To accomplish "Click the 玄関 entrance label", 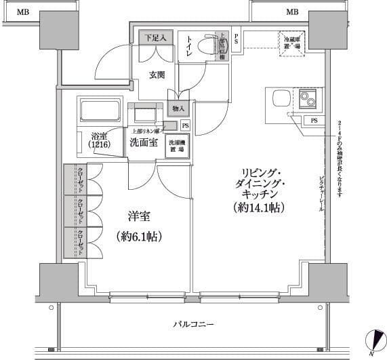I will coord(158,75).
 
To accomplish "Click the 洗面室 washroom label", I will coord(144,142).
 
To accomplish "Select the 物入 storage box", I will coord(178,108).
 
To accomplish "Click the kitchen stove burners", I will coord(308,99).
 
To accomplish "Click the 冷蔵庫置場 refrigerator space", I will coord(291,42).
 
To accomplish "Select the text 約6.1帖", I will coord(139,237).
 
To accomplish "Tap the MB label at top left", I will coord(23,12).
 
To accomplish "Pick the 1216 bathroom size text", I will coord(100,143).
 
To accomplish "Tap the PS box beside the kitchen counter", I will coord(314,121).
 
